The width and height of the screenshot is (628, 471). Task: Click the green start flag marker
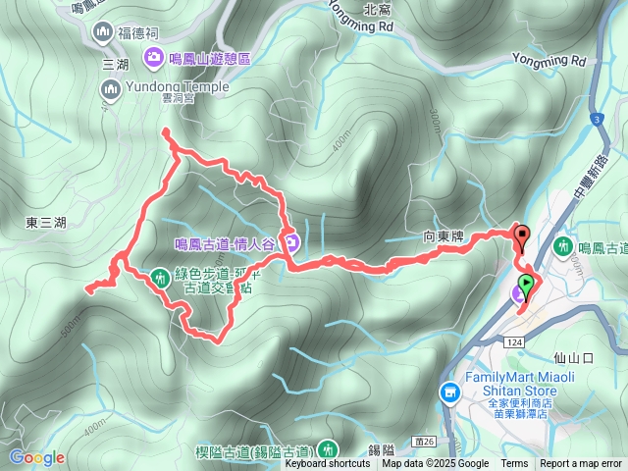(x=527, y=286)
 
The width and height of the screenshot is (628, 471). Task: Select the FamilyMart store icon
(x=449, y=392)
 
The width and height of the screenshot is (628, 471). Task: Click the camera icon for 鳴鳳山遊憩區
(x=153, y=59)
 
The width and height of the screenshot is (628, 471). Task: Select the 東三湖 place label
(x=46, y=224)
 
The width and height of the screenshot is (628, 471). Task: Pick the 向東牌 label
(x=443, y=237)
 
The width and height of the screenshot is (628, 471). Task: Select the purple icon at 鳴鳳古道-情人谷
(x=291, y=241)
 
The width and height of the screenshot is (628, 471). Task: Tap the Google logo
(x=36, y=457)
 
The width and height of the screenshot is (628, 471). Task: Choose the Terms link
(x=514, y=464)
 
